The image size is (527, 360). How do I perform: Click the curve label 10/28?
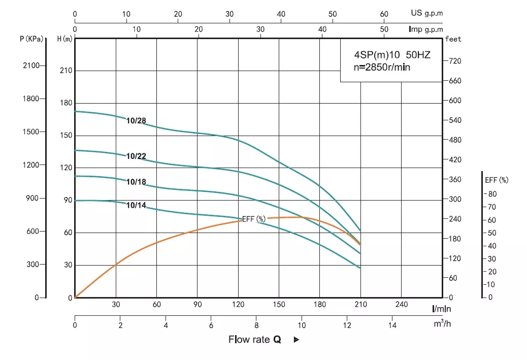pyautogui.click(x=136, y=121)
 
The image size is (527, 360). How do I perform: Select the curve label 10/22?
pyautogui.click(x=136, y=156)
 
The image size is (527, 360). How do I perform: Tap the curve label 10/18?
pyautogui.click(x=136, y=182)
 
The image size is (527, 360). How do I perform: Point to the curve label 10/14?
pyautogui.click(x=136, y=205)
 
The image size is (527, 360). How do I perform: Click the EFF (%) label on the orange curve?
pyautogui.click(x=254, y=219)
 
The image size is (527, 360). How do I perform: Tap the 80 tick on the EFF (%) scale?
pyautogui.click(x=492, y=194)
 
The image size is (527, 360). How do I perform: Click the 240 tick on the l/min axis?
pyautogui.click(x=401, y=305)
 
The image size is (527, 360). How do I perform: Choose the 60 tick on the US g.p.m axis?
pyautogui.click(x=384, y=14)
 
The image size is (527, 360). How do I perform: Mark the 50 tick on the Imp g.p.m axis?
pyautogui.click(x=384, y=29)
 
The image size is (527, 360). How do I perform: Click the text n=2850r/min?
pyautogui.click(x=382, y=67)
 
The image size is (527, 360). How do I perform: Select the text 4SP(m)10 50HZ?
pyautogui.click(x=392, y=55)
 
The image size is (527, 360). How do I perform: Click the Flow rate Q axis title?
pyautogui.click(x=255, y=340)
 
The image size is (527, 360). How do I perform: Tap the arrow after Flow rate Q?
pyautogui.click(x=297, y=340)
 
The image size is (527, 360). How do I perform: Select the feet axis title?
pyautogui.click(x=453, y=39)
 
